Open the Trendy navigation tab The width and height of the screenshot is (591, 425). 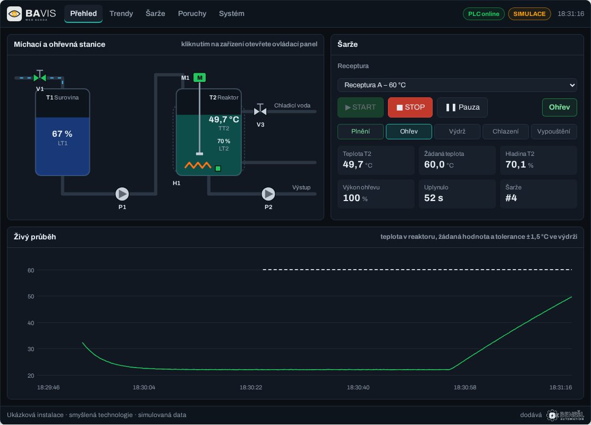point(121,14)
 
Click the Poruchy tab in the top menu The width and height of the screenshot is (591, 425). point(192,14)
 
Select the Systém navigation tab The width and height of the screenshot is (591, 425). point(231,14)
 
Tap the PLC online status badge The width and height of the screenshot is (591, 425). point(484,14)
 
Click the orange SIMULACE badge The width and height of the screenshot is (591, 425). point(529,14)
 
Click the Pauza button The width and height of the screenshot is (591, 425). point(462,107)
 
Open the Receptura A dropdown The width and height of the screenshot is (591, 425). point(457,85)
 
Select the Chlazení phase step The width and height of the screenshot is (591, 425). point(505,131)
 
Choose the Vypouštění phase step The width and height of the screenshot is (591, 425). point(554,131)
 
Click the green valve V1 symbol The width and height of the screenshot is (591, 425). point(39,77)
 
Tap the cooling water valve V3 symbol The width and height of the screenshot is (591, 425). point(260,110)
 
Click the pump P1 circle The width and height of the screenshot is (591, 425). point(122,194)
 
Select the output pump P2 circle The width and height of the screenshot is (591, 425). point(268,194)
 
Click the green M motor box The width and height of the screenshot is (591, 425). point(199,78)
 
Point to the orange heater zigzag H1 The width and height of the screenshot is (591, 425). point(198,165)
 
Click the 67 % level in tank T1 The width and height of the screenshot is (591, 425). point(62,134)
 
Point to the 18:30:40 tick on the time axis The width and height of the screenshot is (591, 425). point(358,387)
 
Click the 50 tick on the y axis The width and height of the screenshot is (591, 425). point(31,296)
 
